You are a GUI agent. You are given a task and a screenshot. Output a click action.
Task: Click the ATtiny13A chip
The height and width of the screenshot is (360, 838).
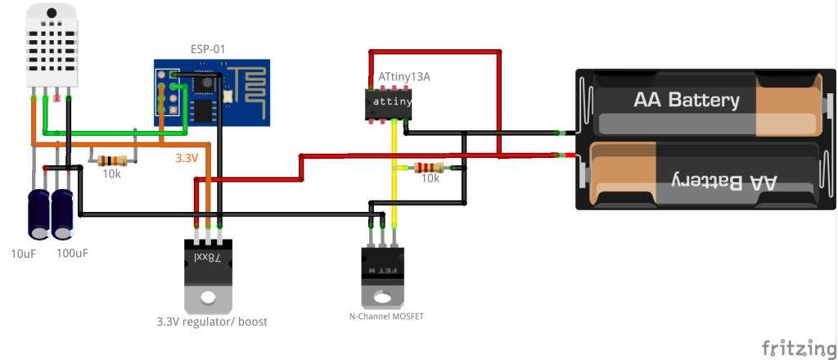[x=388, y=101]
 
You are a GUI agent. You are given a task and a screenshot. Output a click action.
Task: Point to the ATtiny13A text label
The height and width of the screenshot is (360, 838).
[x=404, y=76]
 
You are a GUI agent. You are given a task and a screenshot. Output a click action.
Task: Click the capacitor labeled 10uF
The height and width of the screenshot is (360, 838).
[x=38, y=214]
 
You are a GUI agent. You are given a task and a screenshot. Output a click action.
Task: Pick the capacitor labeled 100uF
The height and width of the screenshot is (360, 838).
[x=63, y=214]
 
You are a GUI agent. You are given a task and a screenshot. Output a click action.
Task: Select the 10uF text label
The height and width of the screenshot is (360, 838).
[x=25, y=254]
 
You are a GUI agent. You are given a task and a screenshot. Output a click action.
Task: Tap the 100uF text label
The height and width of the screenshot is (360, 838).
[x=72, y=254]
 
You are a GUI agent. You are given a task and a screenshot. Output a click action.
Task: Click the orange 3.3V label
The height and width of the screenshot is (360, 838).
[x=187, y=159]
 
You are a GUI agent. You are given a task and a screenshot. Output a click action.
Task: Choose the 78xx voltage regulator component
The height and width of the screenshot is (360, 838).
[x=207, y=270]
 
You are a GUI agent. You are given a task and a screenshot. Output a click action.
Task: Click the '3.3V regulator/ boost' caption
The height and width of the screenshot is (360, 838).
[x=212, y=322]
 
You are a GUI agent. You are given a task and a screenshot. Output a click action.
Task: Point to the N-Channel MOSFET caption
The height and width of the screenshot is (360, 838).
[x=381, y=315]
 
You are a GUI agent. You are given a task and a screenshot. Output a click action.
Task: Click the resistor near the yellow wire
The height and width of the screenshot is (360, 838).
[x=430, y=168]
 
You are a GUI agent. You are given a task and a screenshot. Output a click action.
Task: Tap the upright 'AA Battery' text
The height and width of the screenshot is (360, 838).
[x=687, y=101]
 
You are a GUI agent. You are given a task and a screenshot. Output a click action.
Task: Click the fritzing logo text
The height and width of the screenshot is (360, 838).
[x=792, y=347]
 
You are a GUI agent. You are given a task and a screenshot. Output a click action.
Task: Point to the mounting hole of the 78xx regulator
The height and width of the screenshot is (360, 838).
[x=207, y=297]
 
